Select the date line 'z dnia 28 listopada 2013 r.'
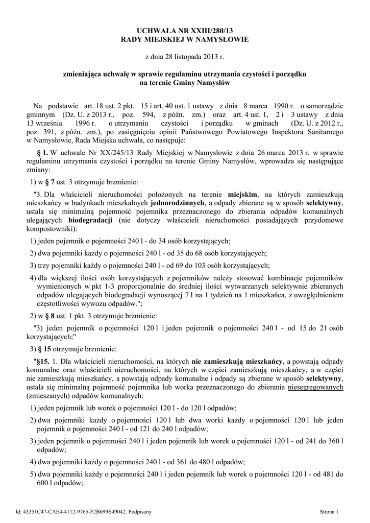coord(185,56)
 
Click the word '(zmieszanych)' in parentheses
coord(47,395)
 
